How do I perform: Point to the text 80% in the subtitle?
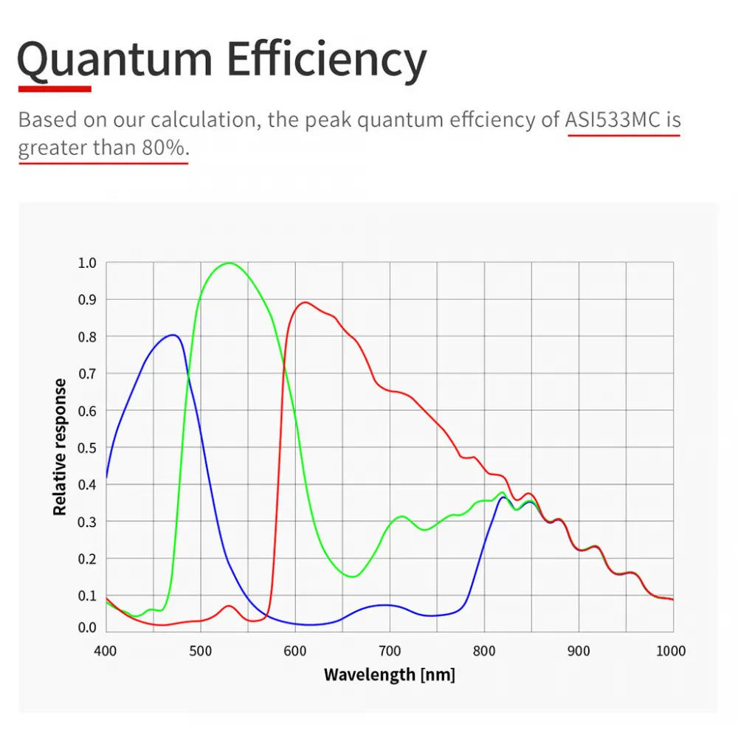(163, 148)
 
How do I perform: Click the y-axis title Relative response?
(61, 446)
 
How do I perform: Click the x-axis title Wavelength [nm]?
(390, 674)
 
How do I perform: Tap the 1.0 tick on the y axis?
(87, 263)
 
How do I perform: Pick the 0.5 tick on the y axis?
(87, 447)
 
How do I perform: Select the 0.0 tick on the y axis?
(87, 628)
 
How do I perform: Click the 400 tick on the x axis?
(106, 651)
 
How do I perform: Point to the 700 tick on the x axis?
(390, 651)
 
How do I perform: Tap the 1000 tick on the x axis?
(670, 651)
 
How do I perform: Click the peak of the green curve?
(230, 263)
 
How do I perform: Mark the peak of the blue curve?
(173, 335)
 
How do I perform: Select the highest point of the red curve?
(305, 302)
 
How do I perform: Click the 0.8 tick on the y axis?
(87, 337)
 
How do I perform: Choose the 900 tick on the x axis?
(579, 651)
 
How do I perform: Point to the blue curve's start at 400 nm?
(107, 477)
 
